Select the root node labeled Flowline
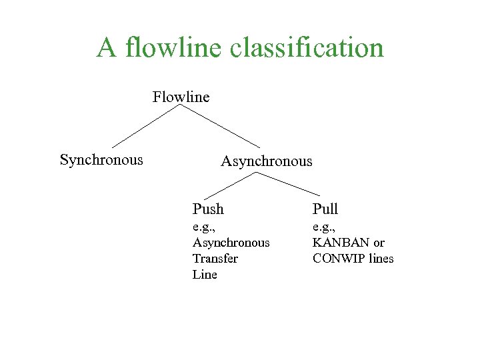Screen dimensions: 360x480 [x=181, y=97]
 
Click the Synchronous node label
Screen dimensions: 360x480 [x=101, y=160]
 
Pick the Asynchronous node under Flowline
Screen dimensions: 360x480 [x=266, y=161]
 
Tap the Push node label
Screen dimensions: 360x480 [x=208, y=209]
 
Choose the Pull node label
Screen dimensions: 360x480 [x=325, y=209]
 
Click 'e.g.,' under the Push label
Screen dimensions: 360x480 [x=205, y=227]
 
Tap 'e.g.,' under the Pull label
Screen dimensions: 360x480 [x=324, y=227]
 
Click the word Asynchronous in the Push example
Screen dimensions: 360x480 [x=231, y=243]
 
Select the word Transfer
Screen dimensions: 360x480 [x=215, y=259]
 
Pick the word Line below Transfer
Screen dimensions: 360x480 [x=205, y=275]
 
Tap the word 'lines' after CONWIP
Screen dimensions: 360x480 [x=381, y=259]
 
